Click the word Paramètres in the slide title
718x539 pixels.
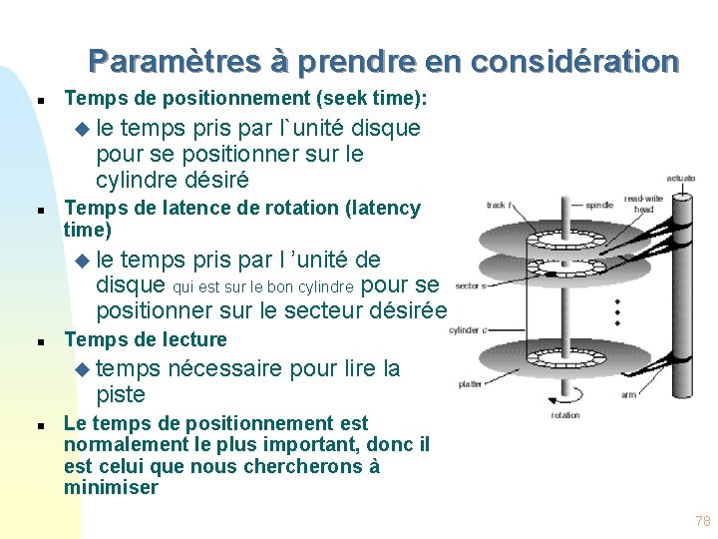(x=176, y=62)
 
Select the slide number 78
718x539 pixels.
(x=702, y=521)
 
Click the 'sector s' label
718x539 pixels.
(x=469, y=285)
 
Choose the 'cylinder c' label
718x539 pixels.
(x=466, y=330)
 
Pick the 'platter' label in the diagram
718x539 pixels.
(x=471, y=382)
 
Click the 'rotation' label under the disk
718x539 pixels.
(x=564, y=415)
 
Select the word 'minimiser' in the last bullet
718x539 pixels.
(x=111, y=488)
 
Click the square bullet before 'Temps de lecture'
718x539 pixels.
(x=38, y=340)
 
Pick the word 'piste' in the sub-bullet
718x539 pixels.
(x=121, y=394)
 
